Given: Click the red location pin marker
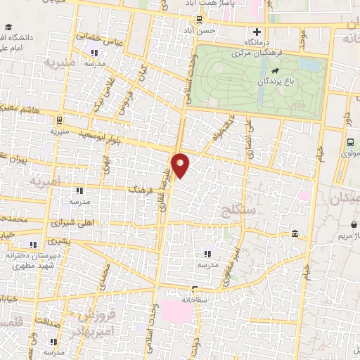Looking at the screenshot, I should point(181,165).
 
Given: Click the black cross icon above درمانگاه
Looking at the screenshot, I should point(257,32).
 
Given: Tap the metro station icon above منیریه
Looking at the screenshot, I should point(59,120).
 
